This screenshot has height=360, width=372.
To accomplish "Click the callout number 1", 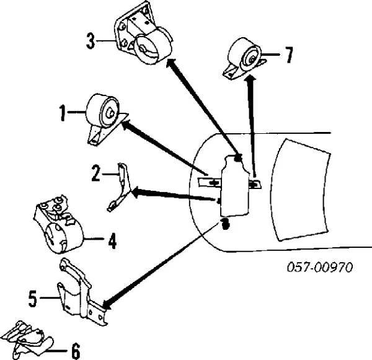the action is [63, 113].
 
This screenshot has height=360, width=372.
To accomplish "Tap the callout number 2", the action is [96, 173].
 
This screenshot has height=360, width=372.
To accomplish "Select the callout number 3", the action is [91, 41].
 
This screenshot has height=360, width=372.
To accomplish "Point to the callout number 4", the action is [112, 241].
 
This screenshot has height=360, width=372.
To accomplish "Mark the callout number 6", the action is [76, 351].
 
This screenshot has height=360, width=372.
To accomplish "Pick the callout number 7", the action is [288, 55].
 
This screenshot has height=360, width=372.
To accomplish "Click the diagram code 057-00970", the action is [320, 267].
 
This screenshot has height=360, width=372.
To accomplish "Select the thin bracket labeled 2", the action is [119, 187].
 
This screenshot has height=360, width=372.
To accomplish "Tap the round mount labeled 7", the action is [244, 59].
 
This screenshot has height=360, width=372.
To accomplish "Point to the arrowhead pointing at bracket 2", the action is [137, 192].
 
